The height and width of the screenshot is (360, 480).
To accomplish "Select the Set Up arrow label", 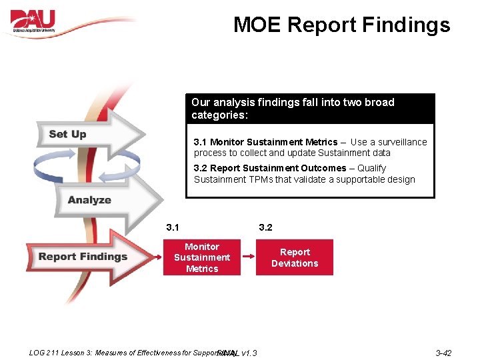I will coord(67,134).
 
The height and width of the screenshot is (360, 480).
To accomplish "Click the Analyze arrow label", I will coord(89,200).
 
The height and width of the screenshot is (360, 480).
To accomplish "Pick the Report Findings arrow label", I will coord(83,257).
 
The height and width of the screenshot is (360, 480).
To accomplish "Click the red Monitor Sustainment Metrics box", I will coord(202,257).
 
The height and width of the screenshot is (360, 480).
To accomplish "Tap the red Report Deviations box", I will coord(295,257).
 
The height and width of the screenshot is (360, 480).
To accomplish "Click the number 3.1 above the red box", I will coord(173,227).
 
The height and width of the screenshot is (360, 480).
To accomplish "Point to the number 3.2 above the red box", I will coord(265,227).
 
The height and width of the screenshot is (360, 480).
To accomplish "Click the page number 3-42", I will coord(443,353).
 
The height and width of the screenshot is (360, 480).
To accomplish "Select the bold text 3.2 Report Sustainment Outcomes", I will coord(269,168).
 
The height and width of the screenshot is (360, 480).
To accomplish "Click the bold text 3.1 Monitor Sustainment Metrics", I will coord(265,142).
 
